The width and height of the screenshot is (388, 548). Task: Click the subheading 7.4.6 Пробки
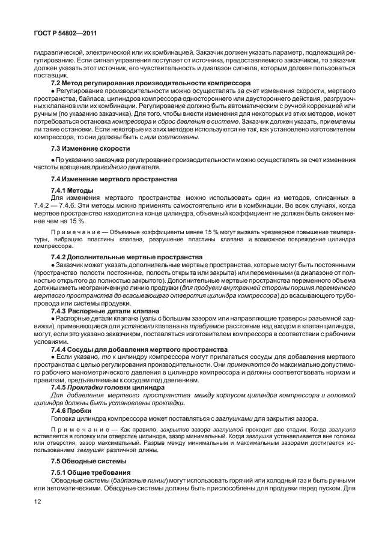(70, 411)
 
